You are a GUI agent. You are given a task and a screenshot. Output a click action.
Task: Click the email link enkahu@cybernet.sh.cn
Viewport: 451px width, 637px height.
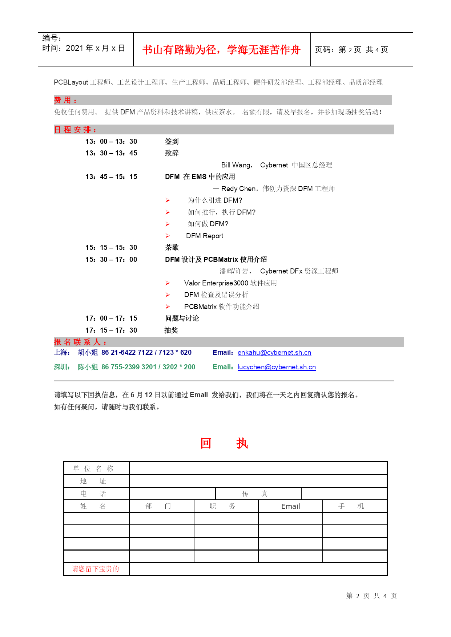pyautogui.click(x=274, y=353)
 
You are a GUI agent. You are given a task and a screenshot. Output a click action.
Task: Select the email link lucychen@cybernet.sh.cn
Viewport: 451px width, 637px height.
pyautogui.click(x=277, y=367)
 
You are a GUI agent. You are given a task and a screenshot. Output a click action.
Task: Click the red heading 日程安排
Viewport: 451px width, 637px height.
pyautogui.click(x=75, y=130)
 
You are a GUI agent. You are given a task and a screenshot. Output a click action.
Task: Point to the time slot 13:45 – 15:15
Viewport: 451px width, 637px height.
pyautogui.click(x=111, y=177)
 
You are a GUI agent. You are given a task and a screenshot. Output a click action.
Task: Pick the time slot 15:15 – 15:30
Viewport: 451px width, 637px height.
pyautogui.click(x=111, y=248)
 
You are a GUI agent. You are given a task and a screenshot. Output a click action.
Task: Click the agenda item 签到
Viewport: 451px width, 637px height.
pyautogui.click(x=172, y=142)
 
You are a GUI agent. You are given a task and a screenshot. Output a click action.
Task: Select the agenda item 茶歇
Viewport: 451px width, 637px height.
pyautogui.click(x=172, y=248)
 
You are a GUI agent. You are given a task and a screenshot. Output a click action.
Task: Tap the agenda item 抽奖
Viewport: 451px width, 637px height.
pyautogui.click(x=171, y=330)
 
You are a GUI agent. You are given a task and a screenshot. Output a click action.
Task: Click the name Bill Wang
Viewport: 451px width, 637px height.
pyautogui.click(x=236, y=165)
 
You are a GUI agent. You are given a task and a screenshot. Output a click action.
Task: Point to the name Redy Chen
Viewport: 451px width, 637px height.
pyautogui.click(x=238, y=189)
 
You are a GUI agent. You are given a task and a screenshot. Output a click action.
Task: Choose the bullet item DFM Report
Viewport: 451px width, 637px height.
pyautogui.click(x=205, y=236)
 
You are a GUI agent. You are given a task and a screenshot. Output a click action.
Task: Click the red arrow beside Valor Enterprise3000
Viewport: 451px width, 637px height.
pyautogui.click(x=168, y=283)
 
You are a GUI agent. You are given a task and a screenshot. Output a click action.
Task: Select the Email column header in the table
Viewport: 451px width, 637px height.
pyautogui.click(x=290, y=506)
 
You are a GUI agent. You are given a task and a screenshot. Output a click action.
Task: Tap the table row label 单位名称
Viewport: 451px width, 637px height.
pyautogui.click(x=93, y=468)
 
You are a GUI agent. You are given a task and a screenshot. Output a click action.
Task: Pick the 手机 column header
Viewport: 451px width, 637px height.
pyautogui.click(x=351, y=506)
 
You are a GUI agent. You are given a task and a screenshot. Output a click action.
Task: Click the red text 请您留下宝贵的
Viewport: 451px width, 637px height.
pyautogui.click(x=95, y=569)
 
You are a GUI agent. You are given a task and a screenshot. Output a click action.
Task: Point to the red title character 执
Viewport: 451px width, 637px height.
pyautogui.click(x=242, y=443)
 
